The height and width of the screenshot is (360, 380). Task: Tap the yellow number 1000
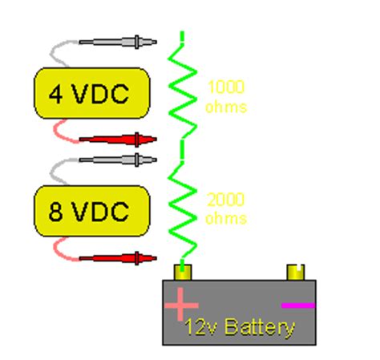225,87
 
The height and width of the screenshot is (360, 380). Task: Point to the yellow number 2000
225,200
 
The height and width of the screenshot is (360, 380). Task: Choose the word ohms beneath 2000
225,218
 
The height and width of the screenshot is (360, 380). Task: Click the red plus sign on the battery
181,305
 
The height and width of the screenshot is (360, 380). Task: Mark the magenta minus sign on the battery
298,305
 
